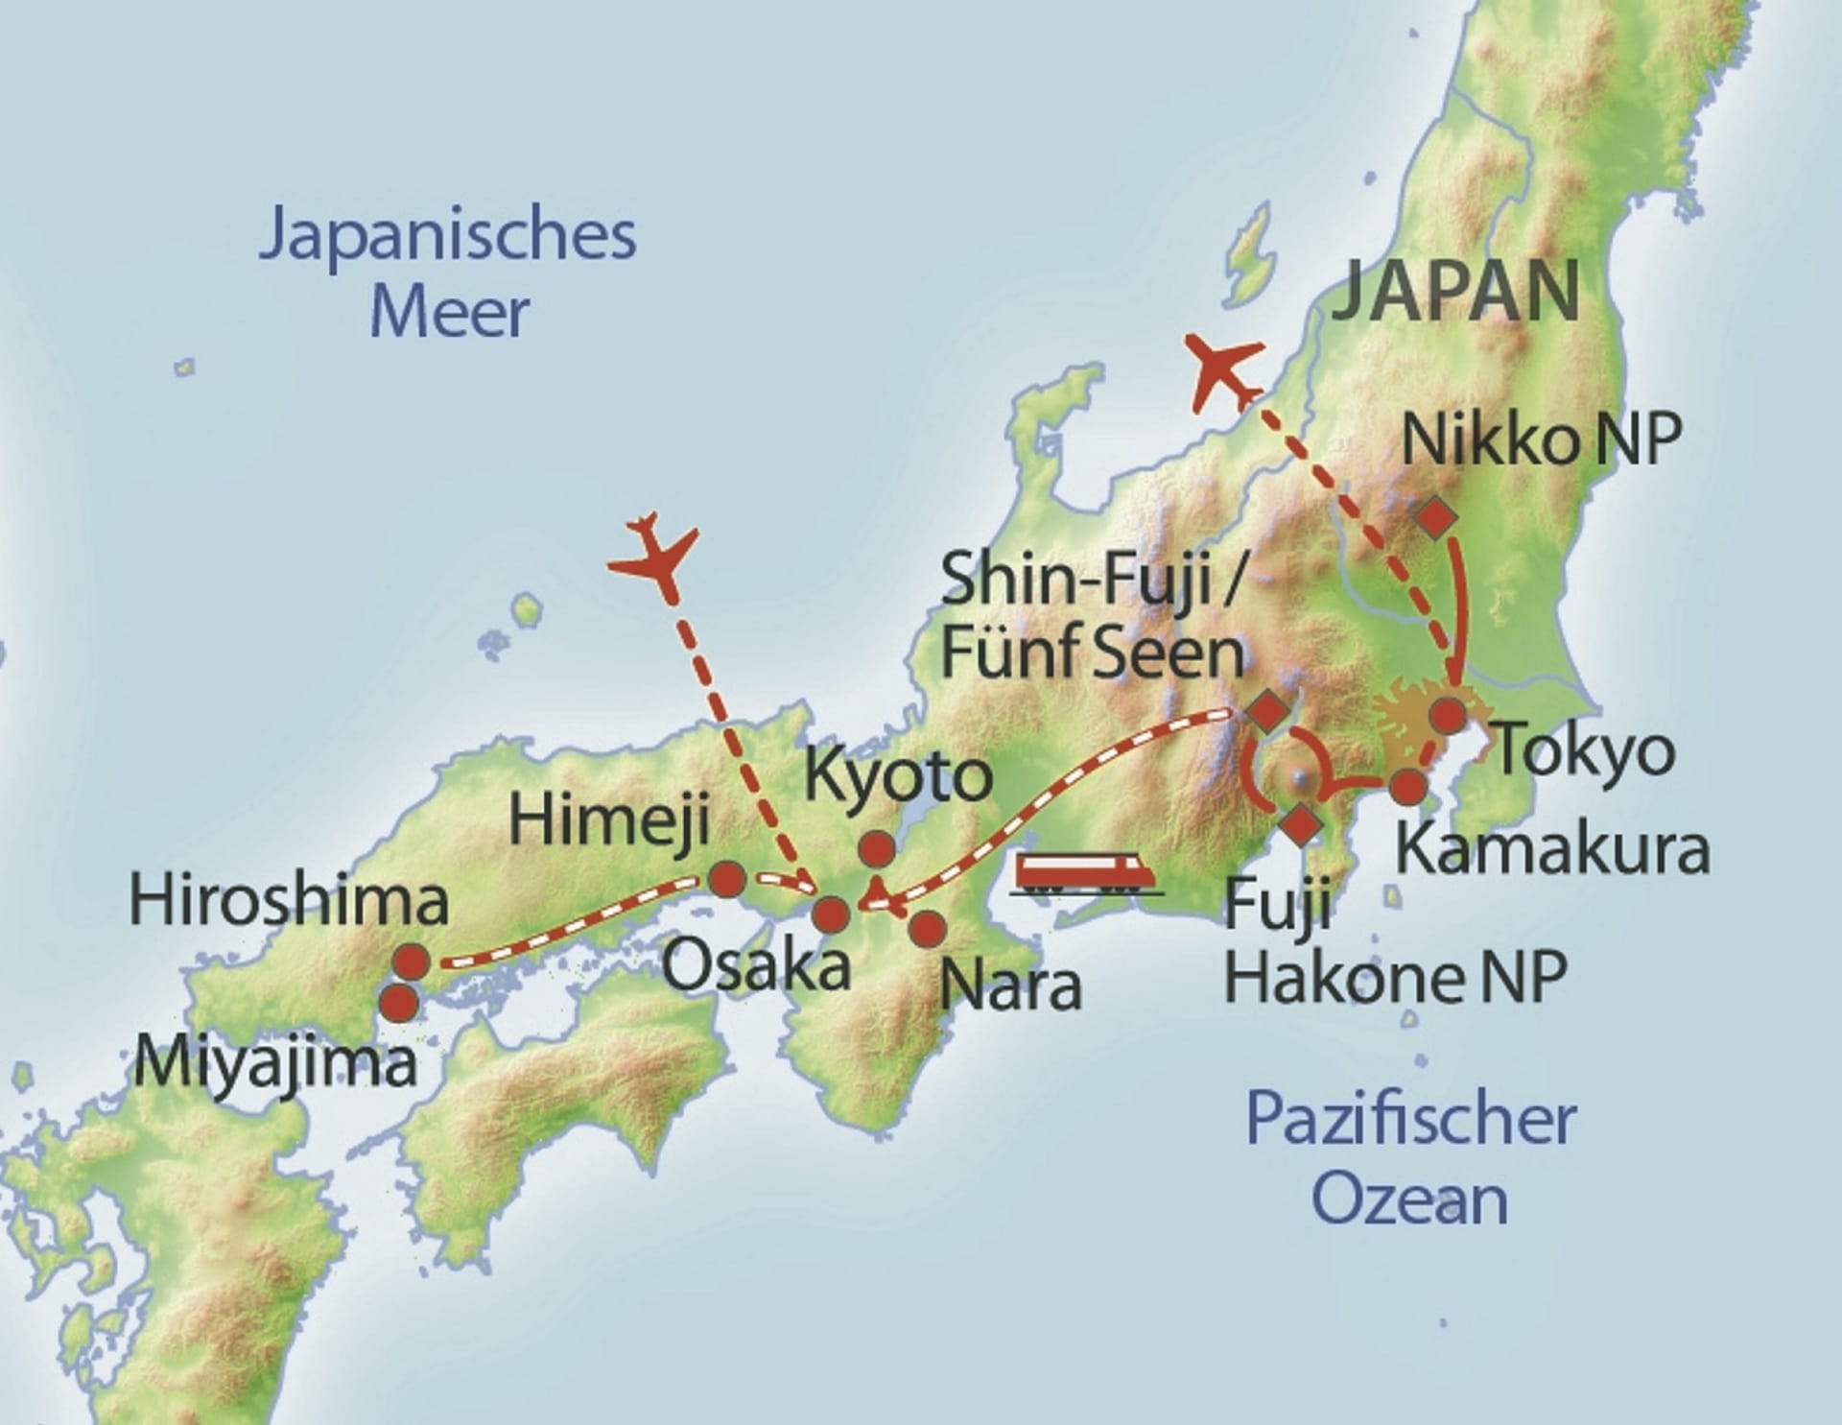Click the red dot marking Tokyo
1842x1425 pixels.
click(x=1448, y=716)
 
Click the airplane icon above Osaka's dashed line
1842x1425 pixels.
click(x=653, y=556)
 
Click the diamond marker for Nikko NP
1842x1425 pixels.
click(x=1436, y=518)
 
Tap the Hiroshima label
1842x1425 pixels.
click(x=289, y=902)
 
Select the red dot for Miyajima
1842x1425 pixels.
click(x=399, y=1003)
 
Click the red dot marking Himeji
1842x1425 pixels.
click(x=726, y=879)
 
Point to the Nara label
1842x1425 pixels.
click(x=1011, y=986)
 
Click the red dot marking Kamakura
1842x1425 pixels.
click(x=1407, y=787)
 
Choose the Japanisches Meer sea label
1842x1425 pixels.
click(x=448, y=273)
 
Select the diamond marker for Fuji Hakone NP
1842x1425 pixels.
click(x=1301, y=824)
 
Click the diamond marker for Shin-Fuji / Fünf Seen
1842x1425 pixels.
click(x=1267, y=711)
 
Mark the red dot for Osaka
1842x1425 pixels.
click(x=831, y=914)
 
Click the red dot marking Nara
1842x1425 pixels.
click(x=927, y=928)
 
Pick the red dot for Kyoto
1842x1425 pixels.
click(x=877, y=848)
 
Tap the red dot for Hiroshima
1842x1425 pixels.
click(x=411, y=961)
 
